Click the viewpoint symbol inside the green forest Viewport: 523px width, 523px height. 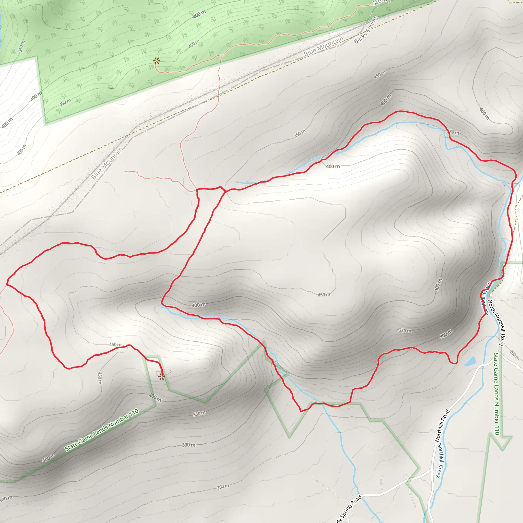coord(157,61)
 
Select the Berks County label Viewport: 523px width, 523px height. coord(366,30)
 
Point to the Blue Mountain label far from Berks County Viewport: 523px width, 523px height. coord(107,163)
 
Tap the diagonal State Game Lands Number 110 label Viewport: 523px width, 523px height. coord(102,430)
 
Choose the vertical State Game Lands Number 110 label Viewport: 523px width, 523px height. coord(496,394)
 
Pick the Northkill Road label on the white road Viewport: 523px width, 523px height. coord(442,426)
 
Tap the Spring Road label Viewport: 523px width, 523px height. coord(349,509)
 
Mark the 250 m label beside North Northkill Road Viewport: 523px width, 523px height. coord(514,355)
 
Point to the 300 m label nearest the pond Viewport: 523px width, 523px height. coord(446,334)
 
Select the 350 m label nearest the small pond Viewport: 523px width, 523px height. coord(405,330)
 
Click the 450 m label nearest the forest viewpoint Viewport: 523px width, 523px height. coord(194,44)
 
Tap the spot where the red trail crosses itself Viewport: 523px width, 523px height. coord(225,191)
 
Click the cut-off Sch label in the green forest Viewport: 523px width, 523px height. coord(378,3)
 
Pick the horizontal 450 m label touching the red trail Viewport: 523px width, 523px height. coord(116,344)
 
